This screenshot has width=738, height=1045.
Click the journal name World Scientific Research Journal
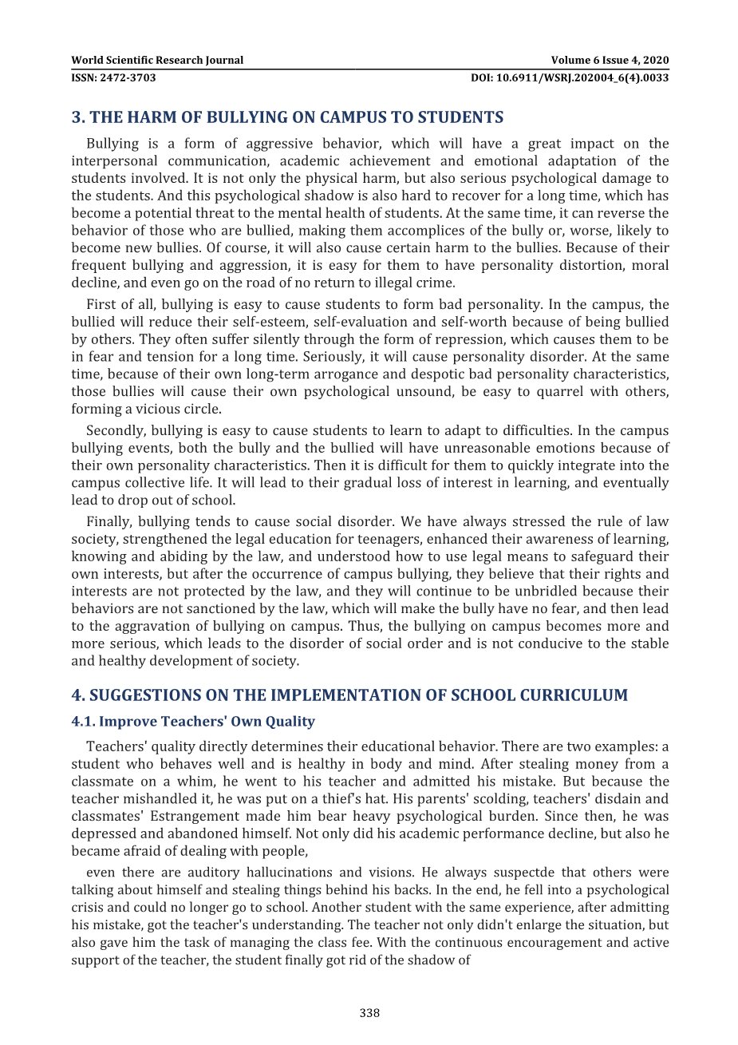click(157, 60)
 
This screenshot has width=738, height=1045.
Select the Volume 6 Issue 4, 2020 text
click(610, 60)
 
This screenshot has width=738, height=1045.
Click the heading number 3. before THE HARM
click(78, 117)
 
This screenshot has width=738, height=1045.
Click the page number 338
click(369, 1013)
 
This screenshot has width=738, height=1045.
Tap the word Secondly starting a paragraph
click(115, 431)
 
